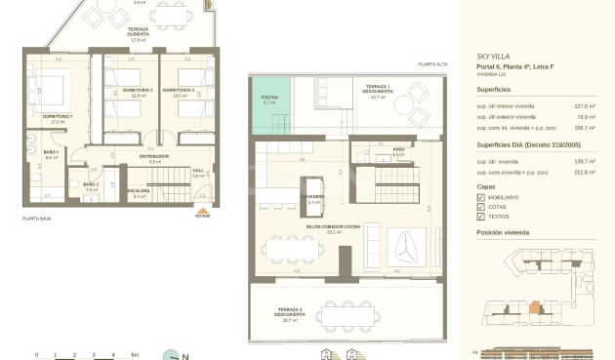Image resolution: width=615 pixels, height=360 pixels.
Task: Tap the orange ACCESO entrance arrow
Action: (203, 210)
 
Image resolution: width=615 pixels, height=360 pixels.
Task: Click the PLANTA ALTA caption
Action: (432, 63)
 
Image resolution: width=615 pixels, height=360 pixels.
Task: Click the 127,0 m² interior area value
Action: (584, 105)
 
